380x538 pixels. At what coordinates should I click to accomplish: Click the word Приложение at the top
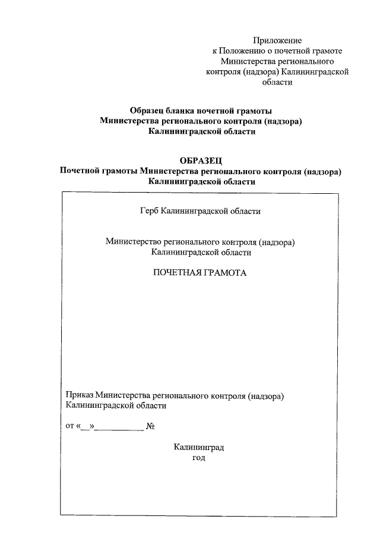point(277,40)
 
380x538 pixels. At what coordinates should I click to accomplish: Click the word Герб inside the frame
point(150,210)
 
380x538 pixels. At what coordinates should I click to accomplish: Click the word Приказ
point(79,395)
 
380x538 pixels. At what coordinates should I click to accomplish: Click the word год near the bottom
point(199,458)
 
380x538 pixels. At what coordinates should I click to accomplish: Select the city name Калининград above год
point(199,447)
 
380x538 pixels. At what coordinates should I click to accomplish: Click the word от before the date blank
point(69,426)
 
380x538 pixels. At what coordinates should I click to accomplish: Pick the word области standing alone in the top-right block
point(277,83)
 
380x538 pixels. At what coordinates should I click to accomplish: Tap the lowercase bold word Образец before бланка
point(150,111)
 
